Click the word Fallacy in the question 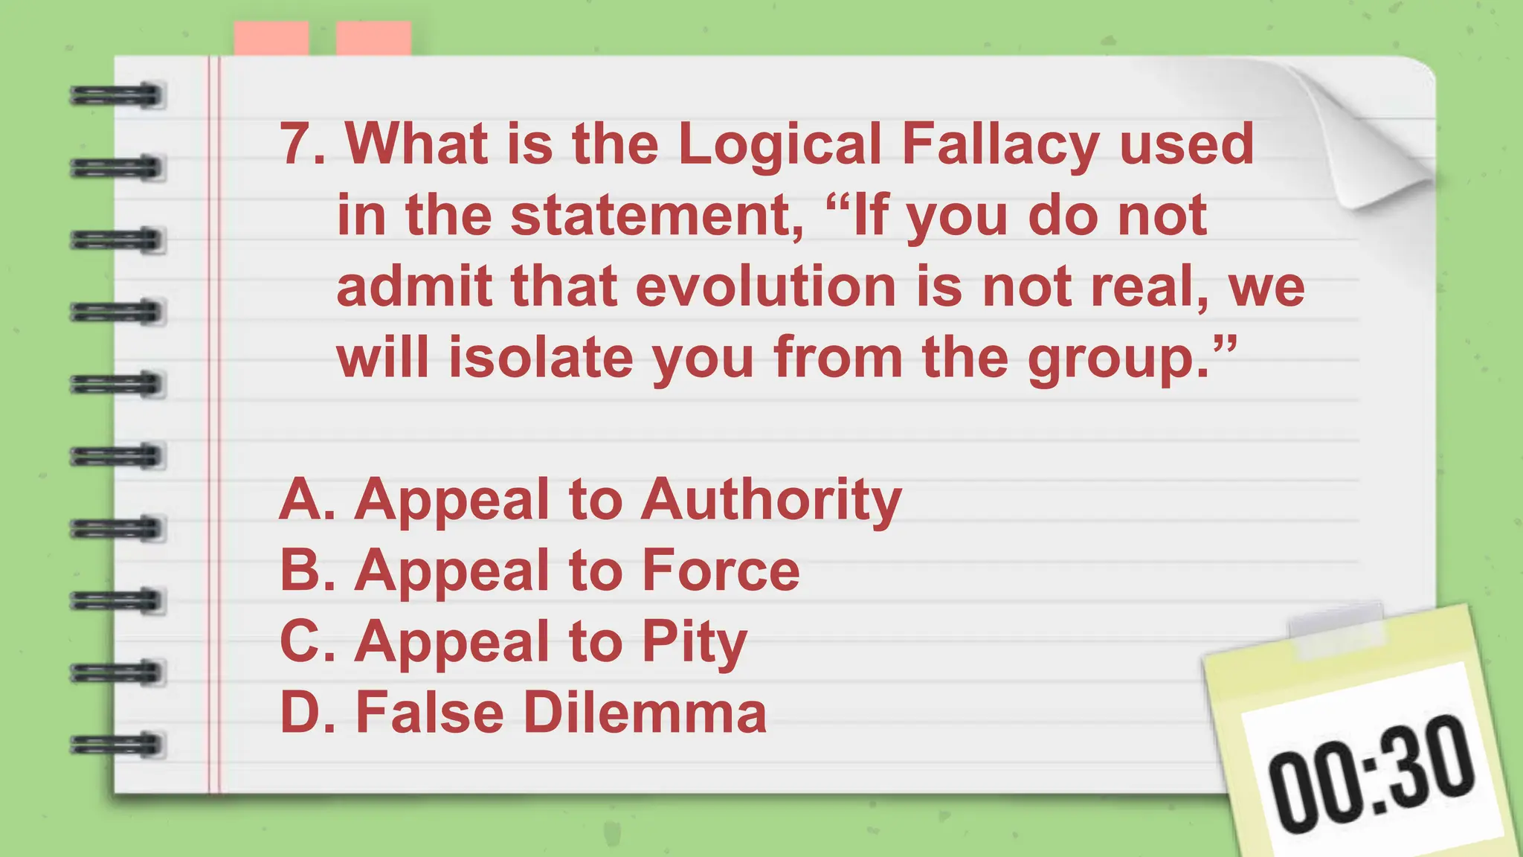point(999,145)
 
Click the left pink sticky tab point(271,38)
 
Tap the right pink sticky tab point(373,38)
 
